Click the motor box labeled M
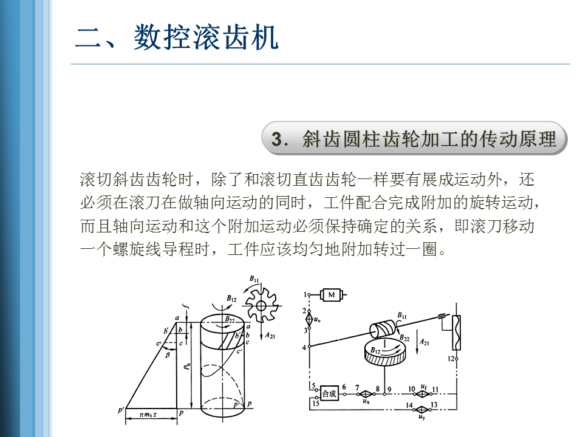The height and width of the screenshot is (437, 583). click(x=332, y=295)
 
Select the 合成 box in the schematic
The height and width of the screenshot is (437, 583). click(x=329, y=393)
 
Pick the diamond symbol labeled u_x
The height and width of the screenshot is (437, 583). click(x=366, y=394)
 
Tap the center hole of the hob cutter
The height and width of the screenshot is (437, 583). click(x=261, y=306)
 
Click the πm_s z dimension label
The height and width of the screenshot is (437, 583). click(x=148, y=415)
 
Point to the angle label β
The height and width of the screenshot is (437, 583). click(x=168, y=355)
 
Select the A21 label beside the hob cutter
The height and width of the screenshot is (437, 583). click(x=270, y=336)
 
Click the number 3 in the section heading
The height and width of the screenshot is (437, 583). click(x=276, y=140)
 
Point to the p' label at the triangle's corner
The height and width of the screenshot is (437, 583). click(x=120, y=410)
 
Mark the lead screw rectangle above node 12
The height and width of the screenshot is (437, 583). click(x=456, y=333)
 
